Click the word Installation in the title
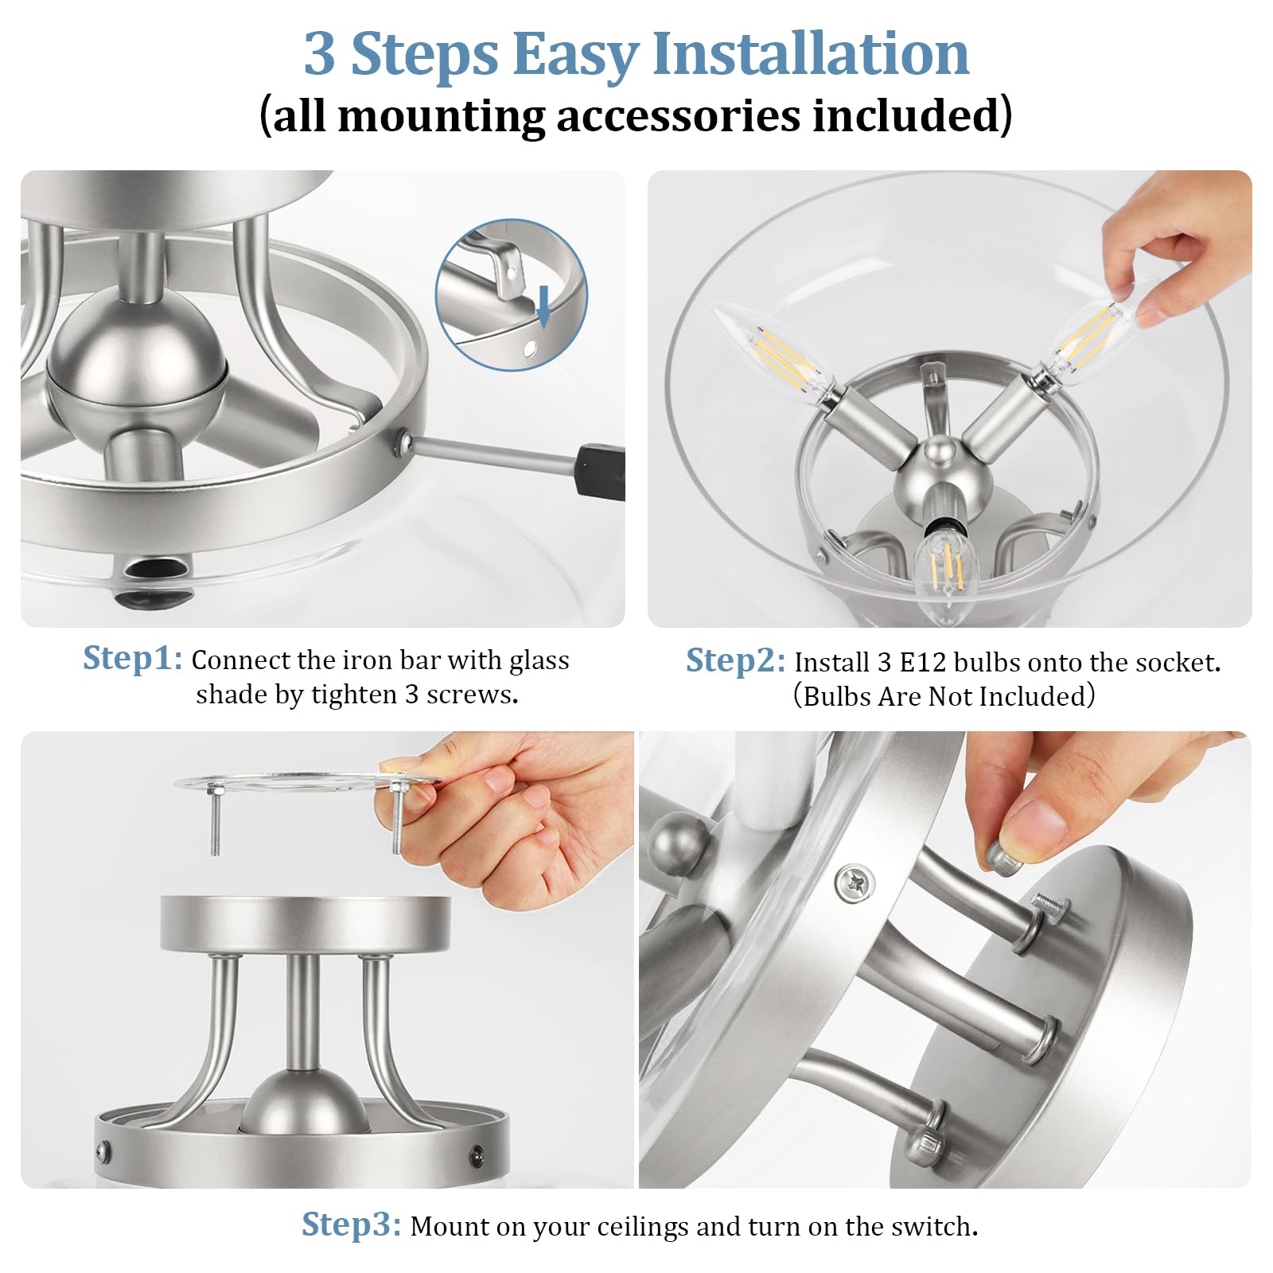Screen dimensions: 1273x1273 tap(811, 53)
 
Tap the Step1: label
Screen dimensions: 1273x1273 tap(133, 658)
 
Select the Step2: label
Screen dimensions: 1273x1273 tap(735, 660)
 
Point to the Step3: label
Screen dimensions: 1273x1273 tap(351, 1224)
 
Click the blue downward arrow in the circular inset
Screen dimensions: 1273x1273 tap(544, 306)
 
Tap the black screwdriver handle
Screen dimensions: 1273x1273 tap(601, 472)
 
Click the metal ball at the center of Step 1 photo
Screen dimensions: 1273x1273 tap(137, 350)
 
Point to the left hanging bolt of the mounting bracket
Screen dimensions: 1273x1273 tap(214, 820)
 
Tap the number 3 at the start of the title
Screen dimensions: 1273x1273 tap(320, 53)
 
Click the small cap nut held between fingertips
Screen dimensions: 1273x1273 tap(1001, 855)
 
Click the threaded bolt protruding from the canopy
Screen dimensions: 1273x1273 tap(1050, 904)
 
